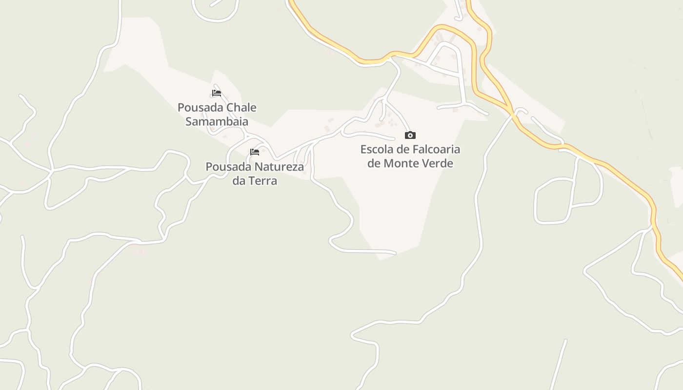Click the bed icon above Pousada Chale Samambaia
tap(217, 93)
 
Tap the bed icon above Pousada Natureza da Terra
tap(255, 152)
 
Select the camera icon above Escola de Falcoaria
tap(410, 135)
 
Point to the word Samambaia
tap(217, 121)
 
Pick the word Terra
tap(263, 181)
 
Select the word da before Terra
tap(240, 181)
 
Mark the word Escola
tap(377, 149)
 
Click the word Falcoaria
tap(433, 149)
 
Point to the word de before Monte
tap(374, 163)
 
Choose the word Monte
tap(401, 163)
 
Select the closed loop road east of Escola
tap(536, 205)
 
